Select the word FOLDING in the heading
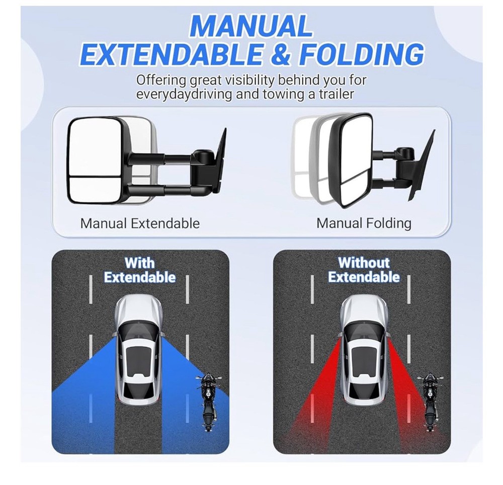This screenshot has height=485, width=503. (x=361, y=54)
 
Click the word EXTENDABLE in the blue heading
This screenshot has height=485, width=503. (x=171, y=54)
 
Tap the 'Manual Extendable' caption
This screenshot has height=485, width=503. (x=140, y=223)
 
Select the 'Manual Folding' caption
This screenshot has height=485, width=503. (x=364, y=223)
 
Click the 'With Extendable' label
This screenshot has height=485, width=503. (x=140, y=270)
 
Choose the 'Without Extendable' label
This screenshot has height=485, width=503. (x=364, y=270)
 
